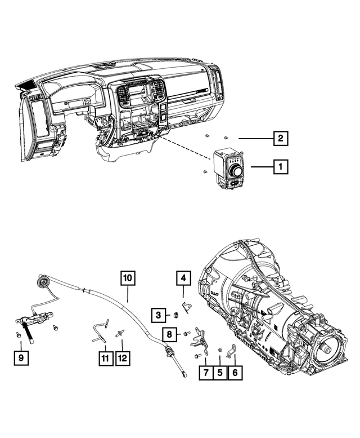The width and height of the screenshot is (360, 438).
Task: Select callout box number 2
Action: (279, 138)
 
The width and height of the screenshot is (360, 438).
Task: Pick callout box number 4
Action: (183, 277)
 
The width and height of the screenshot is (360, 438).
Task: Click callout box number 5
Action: (219, 372)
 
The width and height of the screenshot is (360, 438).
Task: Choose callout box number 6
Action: (234, 372)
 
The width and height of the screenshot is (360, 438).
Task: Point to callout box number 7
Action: (205, 372)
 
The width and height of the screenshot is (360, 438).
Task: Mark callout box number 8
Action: (169, 334)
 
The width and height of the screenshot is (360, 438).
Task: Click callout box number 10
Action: (128, 277)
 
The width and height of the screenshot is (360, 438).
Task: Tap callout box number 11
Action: (105, 357)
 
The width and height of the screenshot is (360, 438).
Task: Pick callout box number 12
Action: (123, 357)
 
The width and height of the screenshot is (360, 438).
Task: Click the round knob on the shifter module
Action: (236, 170)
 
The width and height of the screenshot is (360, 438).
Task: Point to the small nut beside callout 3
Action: (175, 315)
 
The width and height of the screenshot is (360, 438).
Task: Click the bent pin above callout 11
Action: (100, 333)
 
